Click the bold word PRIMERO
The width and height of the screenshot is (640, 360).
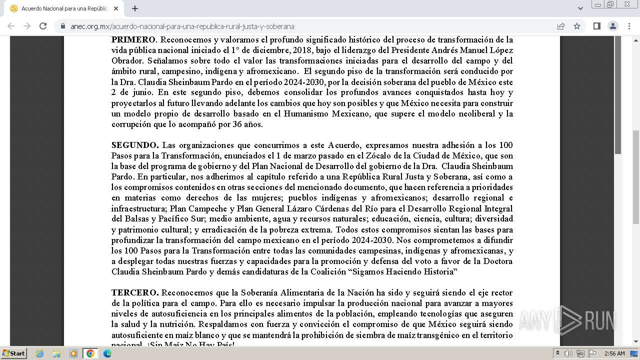point(133,39)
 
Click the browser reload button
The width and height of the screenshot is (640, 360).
point(43,26)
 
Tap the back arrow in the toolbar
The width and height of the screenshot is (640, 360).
point(11,26)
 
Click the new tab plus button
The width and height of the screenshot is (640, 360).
point(135,8)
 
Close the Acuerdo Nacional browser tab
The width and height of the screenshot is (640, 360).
point(116,8)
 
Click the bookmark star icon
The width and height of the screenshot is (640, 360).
point(577,26)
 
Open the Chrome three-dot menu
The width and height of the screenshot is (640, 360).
point(629,26)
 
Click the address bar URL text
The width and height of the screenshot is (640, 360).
point(182,26)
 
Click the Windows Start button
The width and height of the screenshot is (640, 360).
point(13,353)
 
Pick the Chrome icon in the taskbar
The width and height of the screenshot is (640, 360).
point(90,353)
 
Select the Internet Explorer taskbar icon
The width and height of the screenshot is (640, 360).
point(39,353)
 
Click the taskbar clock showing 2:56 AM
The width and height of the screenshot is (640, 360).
point(614,353)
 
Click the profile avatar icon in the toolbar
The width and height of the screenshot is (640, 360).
point(612,26)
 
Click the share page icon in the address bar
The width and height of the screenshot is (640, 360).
point(561,26)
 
